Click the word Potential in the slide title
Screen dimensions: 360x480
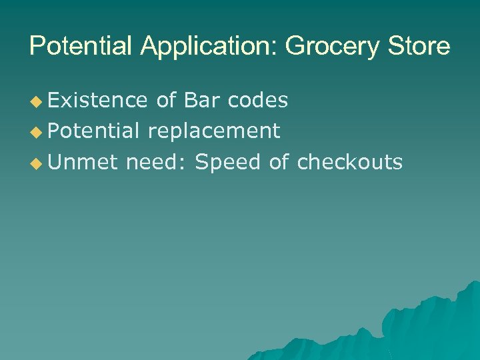tap(83, 47)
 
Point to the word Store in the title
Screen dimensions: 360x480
tap(421, 47)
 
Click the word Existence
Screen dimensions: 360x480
tap(97, 100)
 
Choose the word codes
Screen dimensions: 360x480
tap(258, 100)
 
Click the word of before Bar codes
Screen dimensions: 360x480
tap(166, 100)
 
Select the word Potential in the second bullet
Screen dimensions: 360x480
tap(93, 131)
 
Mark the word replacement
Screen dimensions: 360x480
tap(213, 131)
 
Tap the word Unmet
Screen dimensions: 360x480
tap(83, 161)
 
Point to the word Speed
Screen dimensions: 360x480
tap(229, 162)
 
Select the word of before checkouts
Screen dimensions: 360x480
tap(279, 161)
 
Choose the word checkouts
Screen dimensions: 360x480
tap(350, 161)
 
